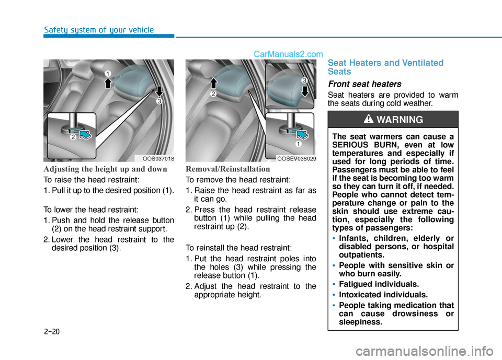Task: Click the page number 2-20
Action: pos(52,331)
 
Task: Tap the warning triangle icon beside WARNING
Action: pos(369,119)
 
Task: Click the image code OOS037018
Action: pos(158,159)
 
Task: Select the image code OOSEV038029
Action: pos(296,159)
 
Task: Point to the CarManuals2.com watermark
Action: pos(288,54)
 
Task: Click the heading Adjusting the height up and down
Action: pos(105,169)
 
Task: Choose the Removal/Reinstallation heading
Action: pos(227,169)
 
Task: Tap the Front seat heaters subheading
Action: pos(364,84)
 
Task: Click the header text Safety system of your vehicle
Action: pos(99,30)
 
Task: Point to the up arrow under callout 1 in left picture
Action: pos(108,83)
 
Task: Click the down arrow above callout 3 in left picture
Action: pos(159,91)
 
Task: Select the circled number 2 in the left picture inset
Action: pos(73,137)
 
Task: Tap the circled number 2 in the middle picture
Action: pos(213,94)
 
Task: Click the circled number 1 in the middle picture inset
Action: pos(299,144)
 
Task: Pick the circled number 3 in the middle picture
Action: pos(304,80)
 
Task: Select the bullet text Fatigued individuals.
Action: pos(379,284)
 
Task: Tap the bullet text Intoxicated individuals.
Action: pos(383,295)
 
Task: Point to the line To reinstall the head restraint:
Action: pos(238,248)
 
